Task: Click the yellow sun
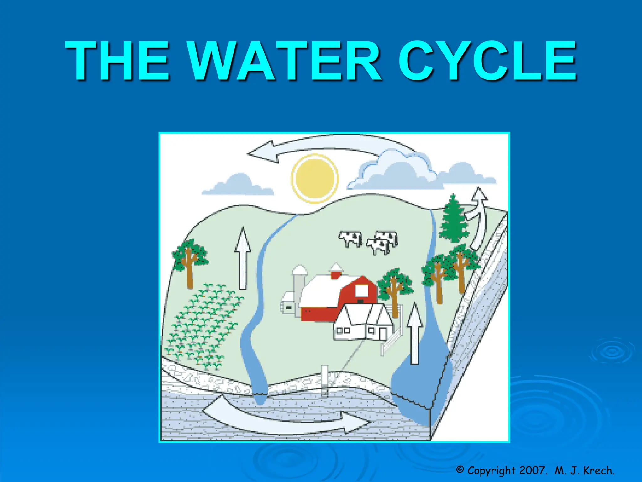tap(315, 178)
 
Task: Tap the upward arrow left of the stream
tap(243, 257)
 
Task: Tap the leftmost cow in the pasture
tap(351, 238)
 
